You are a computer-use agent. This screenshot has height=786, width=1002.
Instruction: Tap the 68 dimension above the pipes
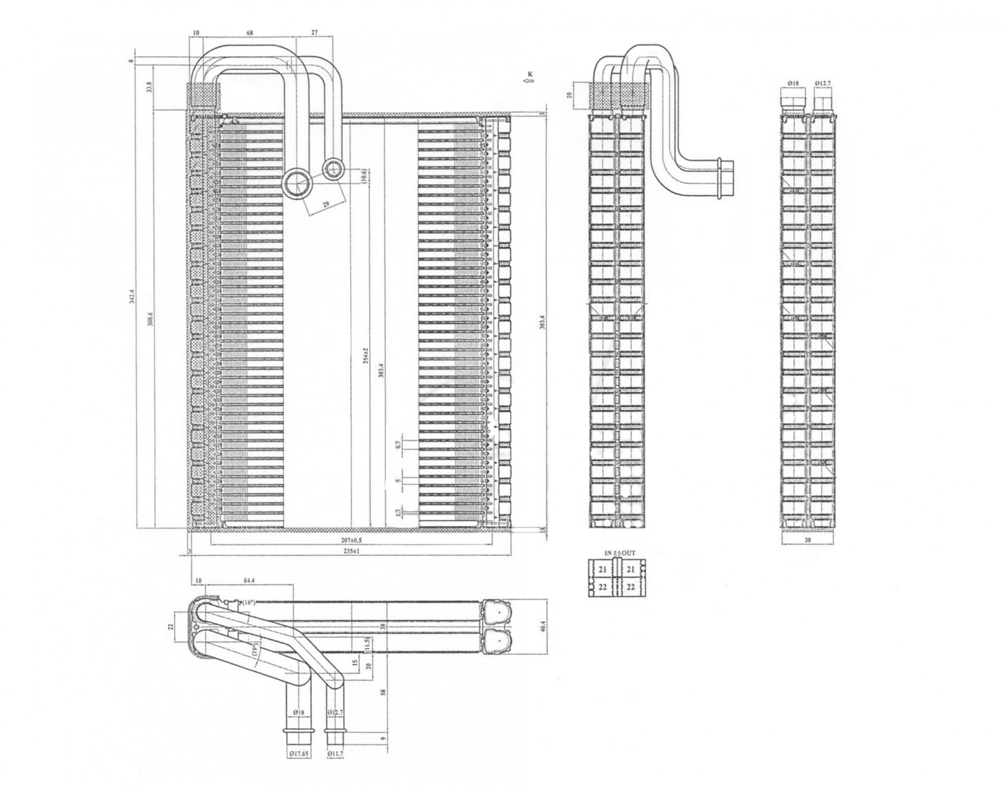[249, 33]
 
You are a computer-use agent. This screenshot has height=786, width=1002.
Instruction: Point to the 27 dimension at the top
[314, 33]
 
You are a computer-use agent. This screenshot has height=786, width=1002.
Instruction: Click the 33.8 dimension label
[150, 88]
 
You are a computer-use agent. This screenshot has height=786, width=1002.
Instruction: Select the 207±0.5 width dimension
[351, 541]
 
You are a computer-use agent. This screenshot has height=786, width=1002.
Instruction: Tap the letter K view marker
[531, 74]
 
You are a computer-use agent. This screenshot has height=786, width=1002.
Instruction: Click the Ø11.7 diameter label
[334, 755]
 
